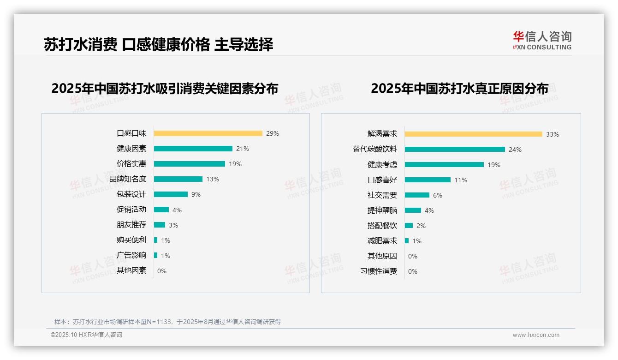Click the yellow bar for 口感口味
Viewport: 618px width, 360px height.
[x=208, y=133]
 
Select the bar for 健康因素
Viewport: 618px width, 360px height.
[x=193, y=149]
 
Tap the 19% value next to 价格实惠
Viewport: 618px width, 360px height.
[x=235, y=164]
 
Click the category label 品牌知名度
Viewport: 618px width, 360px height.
[x=128, y=179]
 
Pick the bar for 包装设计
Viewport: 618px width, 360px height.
[x=171, y=194]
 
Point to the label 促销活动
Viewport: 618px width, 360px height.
[x=131, y=210]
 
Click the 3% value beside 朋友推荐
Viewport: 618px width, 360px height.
[x=173, y=225]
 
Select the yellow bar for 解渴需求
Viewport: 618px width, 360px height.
[x=474, y=134]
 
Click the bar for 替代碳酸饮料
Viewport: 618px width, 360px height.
[x=455, y=150]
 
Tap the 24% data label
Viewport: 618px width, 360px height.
[x=515, y=150]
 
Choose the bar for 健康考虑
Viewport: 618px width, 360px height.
[x=444, y=165]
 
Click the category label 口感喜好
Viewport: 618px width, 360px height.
[x=382, y=180]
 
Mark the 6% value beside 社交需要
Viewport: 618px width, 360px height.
[x=438, y=195]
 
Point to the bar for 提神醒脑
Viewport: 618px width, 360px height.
[x=413, y=210]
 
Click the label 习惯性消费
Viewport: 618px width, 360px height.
[x=379, y=271]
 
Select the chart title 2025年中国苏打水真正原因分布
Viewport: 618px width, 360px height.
[x=459, y=89]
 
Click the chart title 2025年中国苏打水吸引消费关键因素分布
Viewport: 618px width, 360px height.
[x=165, y=89]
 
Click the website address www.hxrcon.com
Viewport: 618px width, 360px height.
[x=536, y=335]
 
